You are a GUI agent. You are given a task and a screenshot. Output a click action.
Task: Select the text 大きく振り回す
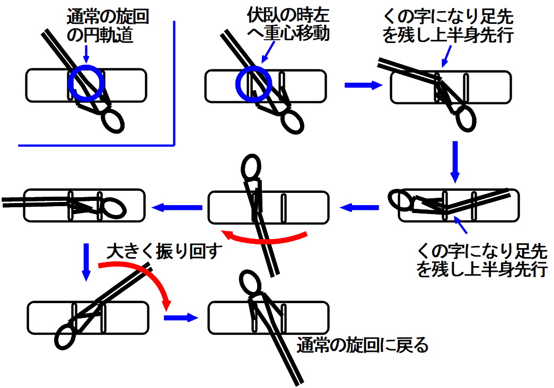click(x=163, y=251)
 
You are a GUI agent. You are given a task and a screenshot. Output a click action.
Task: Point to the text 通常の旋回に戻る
click(x=363, y=346)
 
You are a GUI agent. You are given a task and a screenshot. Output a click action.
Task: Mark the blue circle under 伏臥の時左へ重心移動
click(x=254, y=83)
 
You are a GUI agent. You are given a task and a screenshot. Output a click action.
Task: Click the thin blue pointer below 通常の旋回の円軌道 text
click(x=86, y=55)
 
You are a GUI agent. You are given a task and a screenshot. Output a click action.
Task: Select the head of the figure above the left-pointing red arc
click(x=251, y=167)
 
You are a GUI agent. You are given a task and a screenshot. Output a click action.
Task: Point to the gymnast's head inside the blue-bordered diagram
click(x=113, y=120)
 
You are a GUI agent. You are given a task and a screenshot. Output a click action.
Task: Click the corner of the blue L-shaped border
click(x=174, y=144)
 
